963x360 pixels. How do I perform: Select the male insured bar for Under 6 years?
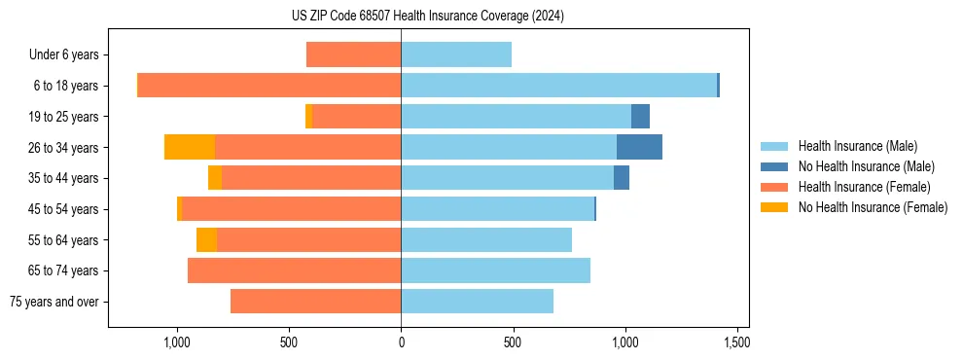coord(456,54)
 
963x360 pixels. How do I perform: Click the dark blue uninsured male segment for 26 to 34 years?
coord(639,147)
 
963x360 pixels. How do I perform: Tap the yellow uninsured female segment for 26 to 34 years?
coord(190,147)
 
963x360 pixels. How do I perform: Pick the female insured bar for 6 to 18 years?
coord(269,86)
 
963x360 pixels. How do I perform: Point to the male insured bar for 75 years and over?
coord(477,302)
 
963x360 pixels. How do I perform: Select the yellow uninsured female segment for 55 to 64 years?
coord(206,239)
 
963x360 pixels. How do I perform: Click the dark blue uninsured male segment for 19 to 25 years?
coord(640,117)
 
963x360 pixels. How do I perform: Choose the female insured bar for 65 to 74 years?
coord(294,270)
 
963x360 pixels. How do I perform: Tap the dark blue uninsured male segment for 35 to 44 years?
coord(622,178)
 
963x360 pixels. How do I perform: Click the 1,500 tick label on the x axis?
coord(736,343)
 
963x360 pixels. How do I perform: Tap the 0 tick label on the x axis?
coord(401,343)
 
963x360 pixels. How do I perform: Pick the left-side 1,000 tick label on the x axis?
coord(177,343)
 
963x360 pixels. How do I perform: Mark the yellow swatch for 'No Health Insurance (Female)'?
coord(775,207)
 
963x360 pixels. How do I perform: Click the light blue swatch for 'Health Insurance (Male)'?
coord(775,146)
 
